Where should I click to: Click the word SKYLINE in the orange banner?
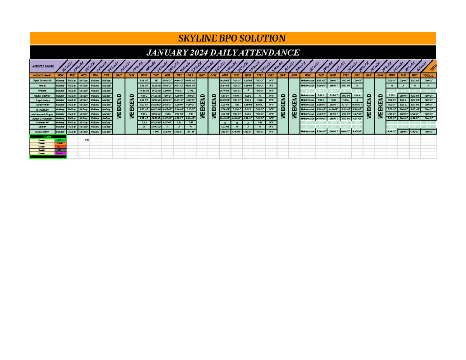point(195,38)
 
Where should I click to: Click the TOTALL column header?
point(428,75)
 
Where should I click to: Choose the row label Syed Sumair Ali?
point(42,80)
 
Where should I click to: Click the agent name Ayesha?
point(42,90)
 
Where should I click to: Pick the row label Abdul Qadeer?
point(42,95)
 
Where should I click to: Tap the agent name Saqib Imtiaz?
point(42,99)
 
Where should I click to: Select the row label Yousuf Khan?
point(42,104)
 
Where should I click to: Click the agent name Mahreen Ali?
point(42,122)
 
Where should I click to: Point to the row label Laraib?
point(42,127)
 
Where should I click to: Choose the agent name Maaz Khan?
point(42,132)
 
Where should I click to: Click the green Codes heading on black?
point(48,137)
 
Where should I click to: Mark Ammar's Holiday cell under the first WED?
point(83,85)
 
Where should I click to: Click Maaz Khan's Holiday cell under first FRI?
point(106,132)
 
